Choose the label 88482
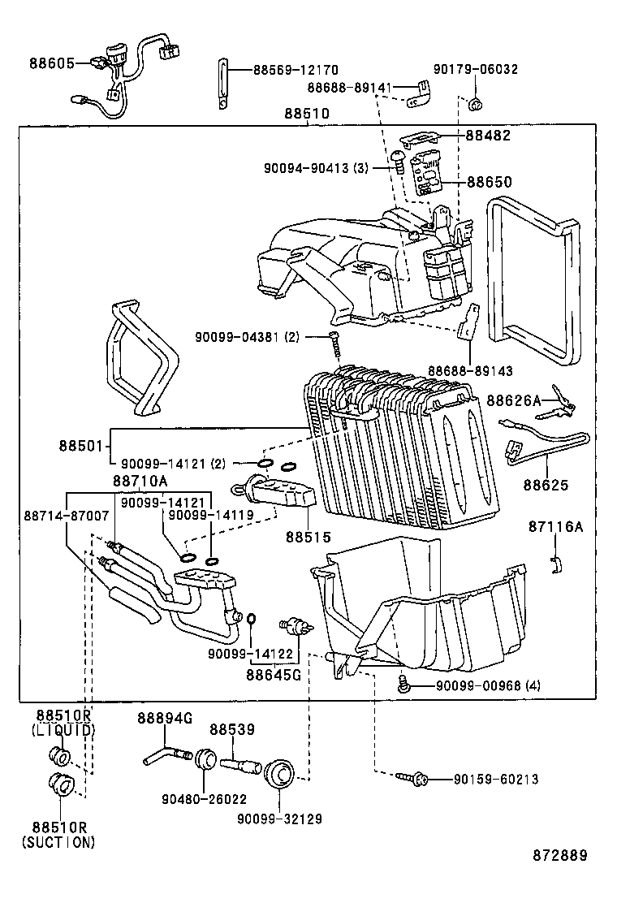click(x=488, y=136)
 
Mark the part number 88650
click(x=488, y=183)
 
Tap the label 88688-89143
click(x=471, y=370)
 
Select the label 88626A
click(x=513, y=400)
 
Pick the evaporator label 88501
click(x=80, y=445)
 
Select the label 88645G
click(x=274, y=673)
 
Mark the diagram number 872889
click(x=559, y=855)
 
